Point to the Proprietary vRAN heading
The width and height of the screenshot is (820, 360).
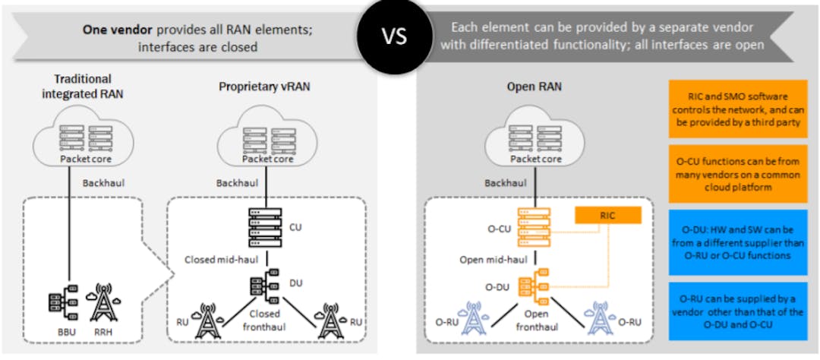pyautogui.click(x=265, y=87)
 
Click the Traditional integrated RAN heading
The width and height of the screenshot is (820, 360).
pyautogui.click(x=83, y=85)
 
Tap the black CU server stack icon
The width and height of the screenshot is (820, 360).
pyautogui.click(x=265, y=226)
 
